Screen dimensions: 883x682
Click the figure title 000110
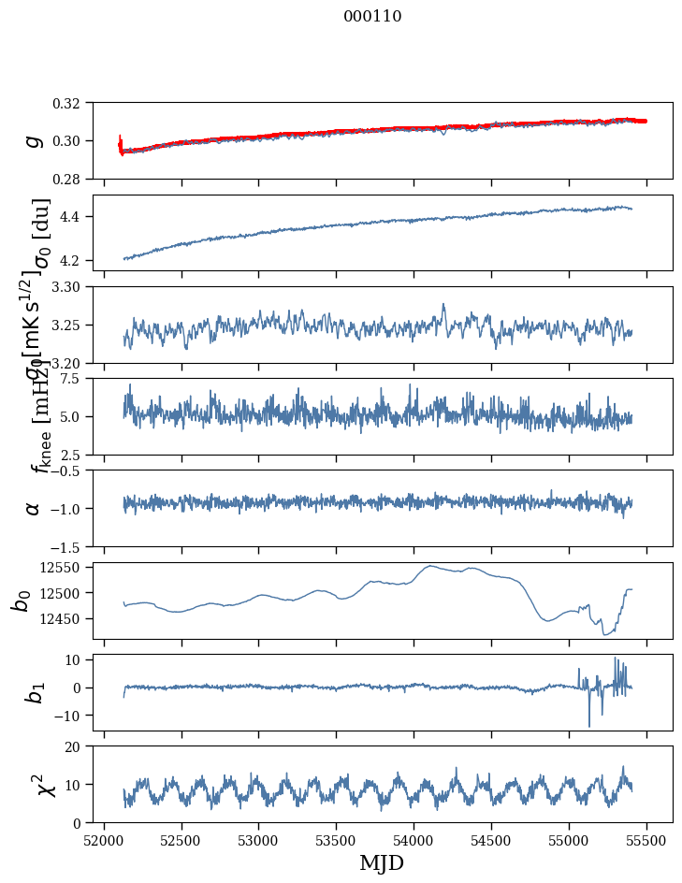tap(372, 16)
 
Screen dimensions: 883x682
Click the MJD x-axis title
tap(382, 862)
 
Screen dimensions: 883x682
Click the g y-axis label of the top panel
tap(33, 140)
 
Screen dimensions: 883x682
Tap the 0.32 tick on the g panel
tap(72, 102)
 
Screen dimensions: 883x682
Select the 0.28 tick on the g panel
tap(72, 178)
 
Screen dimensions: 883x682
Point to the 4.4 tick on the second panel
tap(76, 216)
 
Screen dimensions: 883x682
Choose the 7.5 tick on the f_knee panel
tap(76, 378)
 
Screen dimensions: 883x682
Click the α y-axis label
tap(33, 508)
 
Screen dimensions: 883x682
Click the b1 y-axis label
tap(35, 692)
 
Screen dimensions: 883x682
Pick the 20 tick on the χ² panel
tap(79, 746)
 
